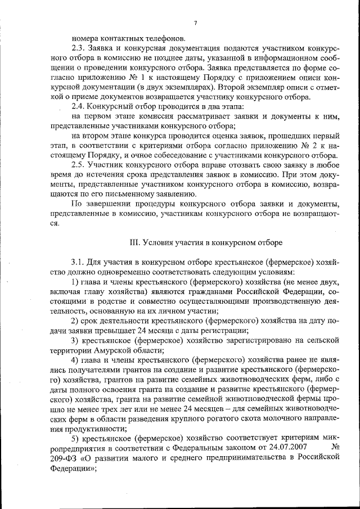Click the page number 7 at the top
coord(194,23)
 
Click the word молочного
coord(274,419)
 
